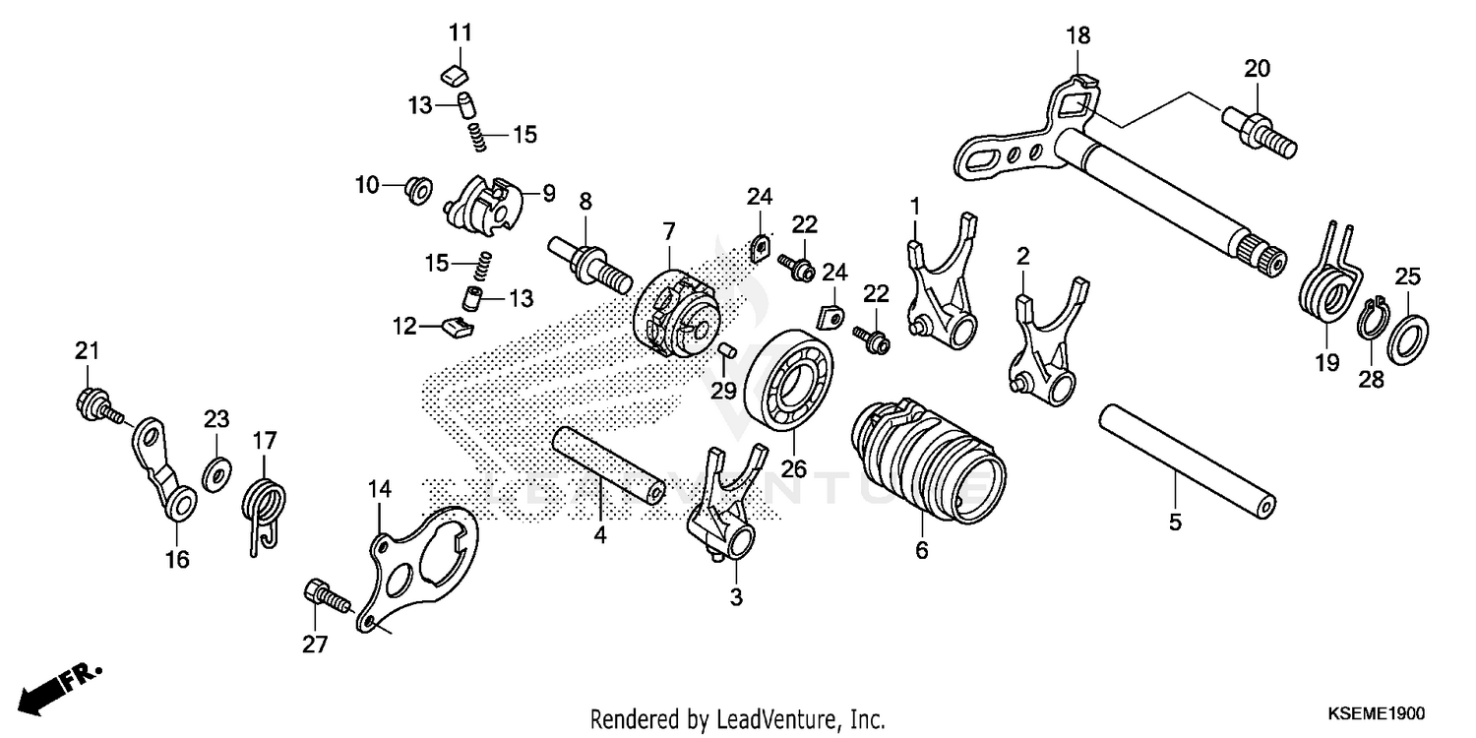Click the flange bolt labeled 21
93,403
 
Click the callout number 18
1077,37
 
